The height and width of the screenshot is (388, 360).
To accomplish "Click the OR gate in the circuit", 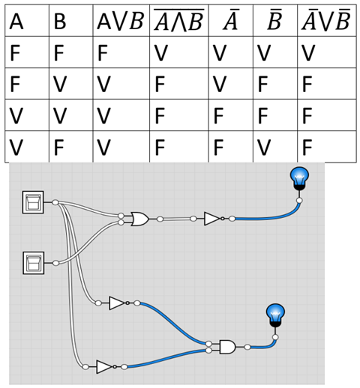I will pyautogui.click(x=139, y=219).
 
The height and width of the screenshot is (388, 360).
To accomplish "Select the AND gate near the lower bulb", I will pyautogui.click(x=226, y=346).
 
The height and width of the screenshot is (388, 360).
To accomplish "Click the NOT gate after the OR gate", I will pyautogui.click(x=212, y=219).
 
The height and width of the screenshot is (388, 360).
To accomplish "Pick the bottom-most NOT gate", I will pyautogui.click(x=104, y=366).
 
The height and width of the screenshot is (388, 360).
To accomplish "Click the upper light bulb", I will pyautogui.click(x=299, y=178).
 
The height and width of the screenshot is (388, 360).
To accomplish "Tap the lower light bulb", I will pyautogui.click(x=275, y=315).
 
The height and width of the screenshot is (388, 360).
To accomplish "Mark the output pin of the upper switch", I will pyautogui.click(x=55, y=202).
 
